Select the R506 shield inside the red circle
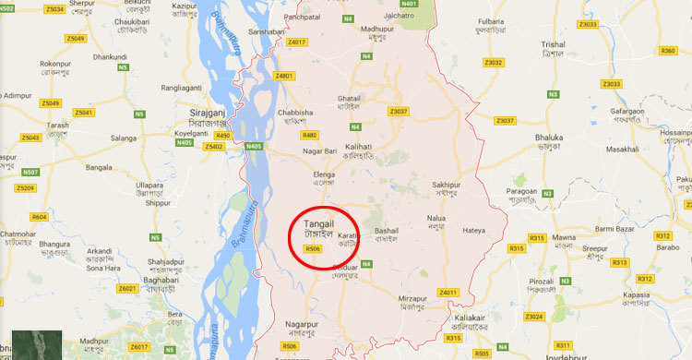pyautogui.click(x=313, y=249)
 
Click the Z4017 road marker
pyautogui.click(x=297, y=42)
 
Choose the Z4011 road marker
pyautogui.click(x=448, y=293)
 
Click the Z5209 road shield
pyautogui.click(x=25, y=188)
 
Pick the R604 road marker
pyautogui.click(x=39, y=217)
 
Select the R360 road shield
pyautogui.click(x=669, y=50)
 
